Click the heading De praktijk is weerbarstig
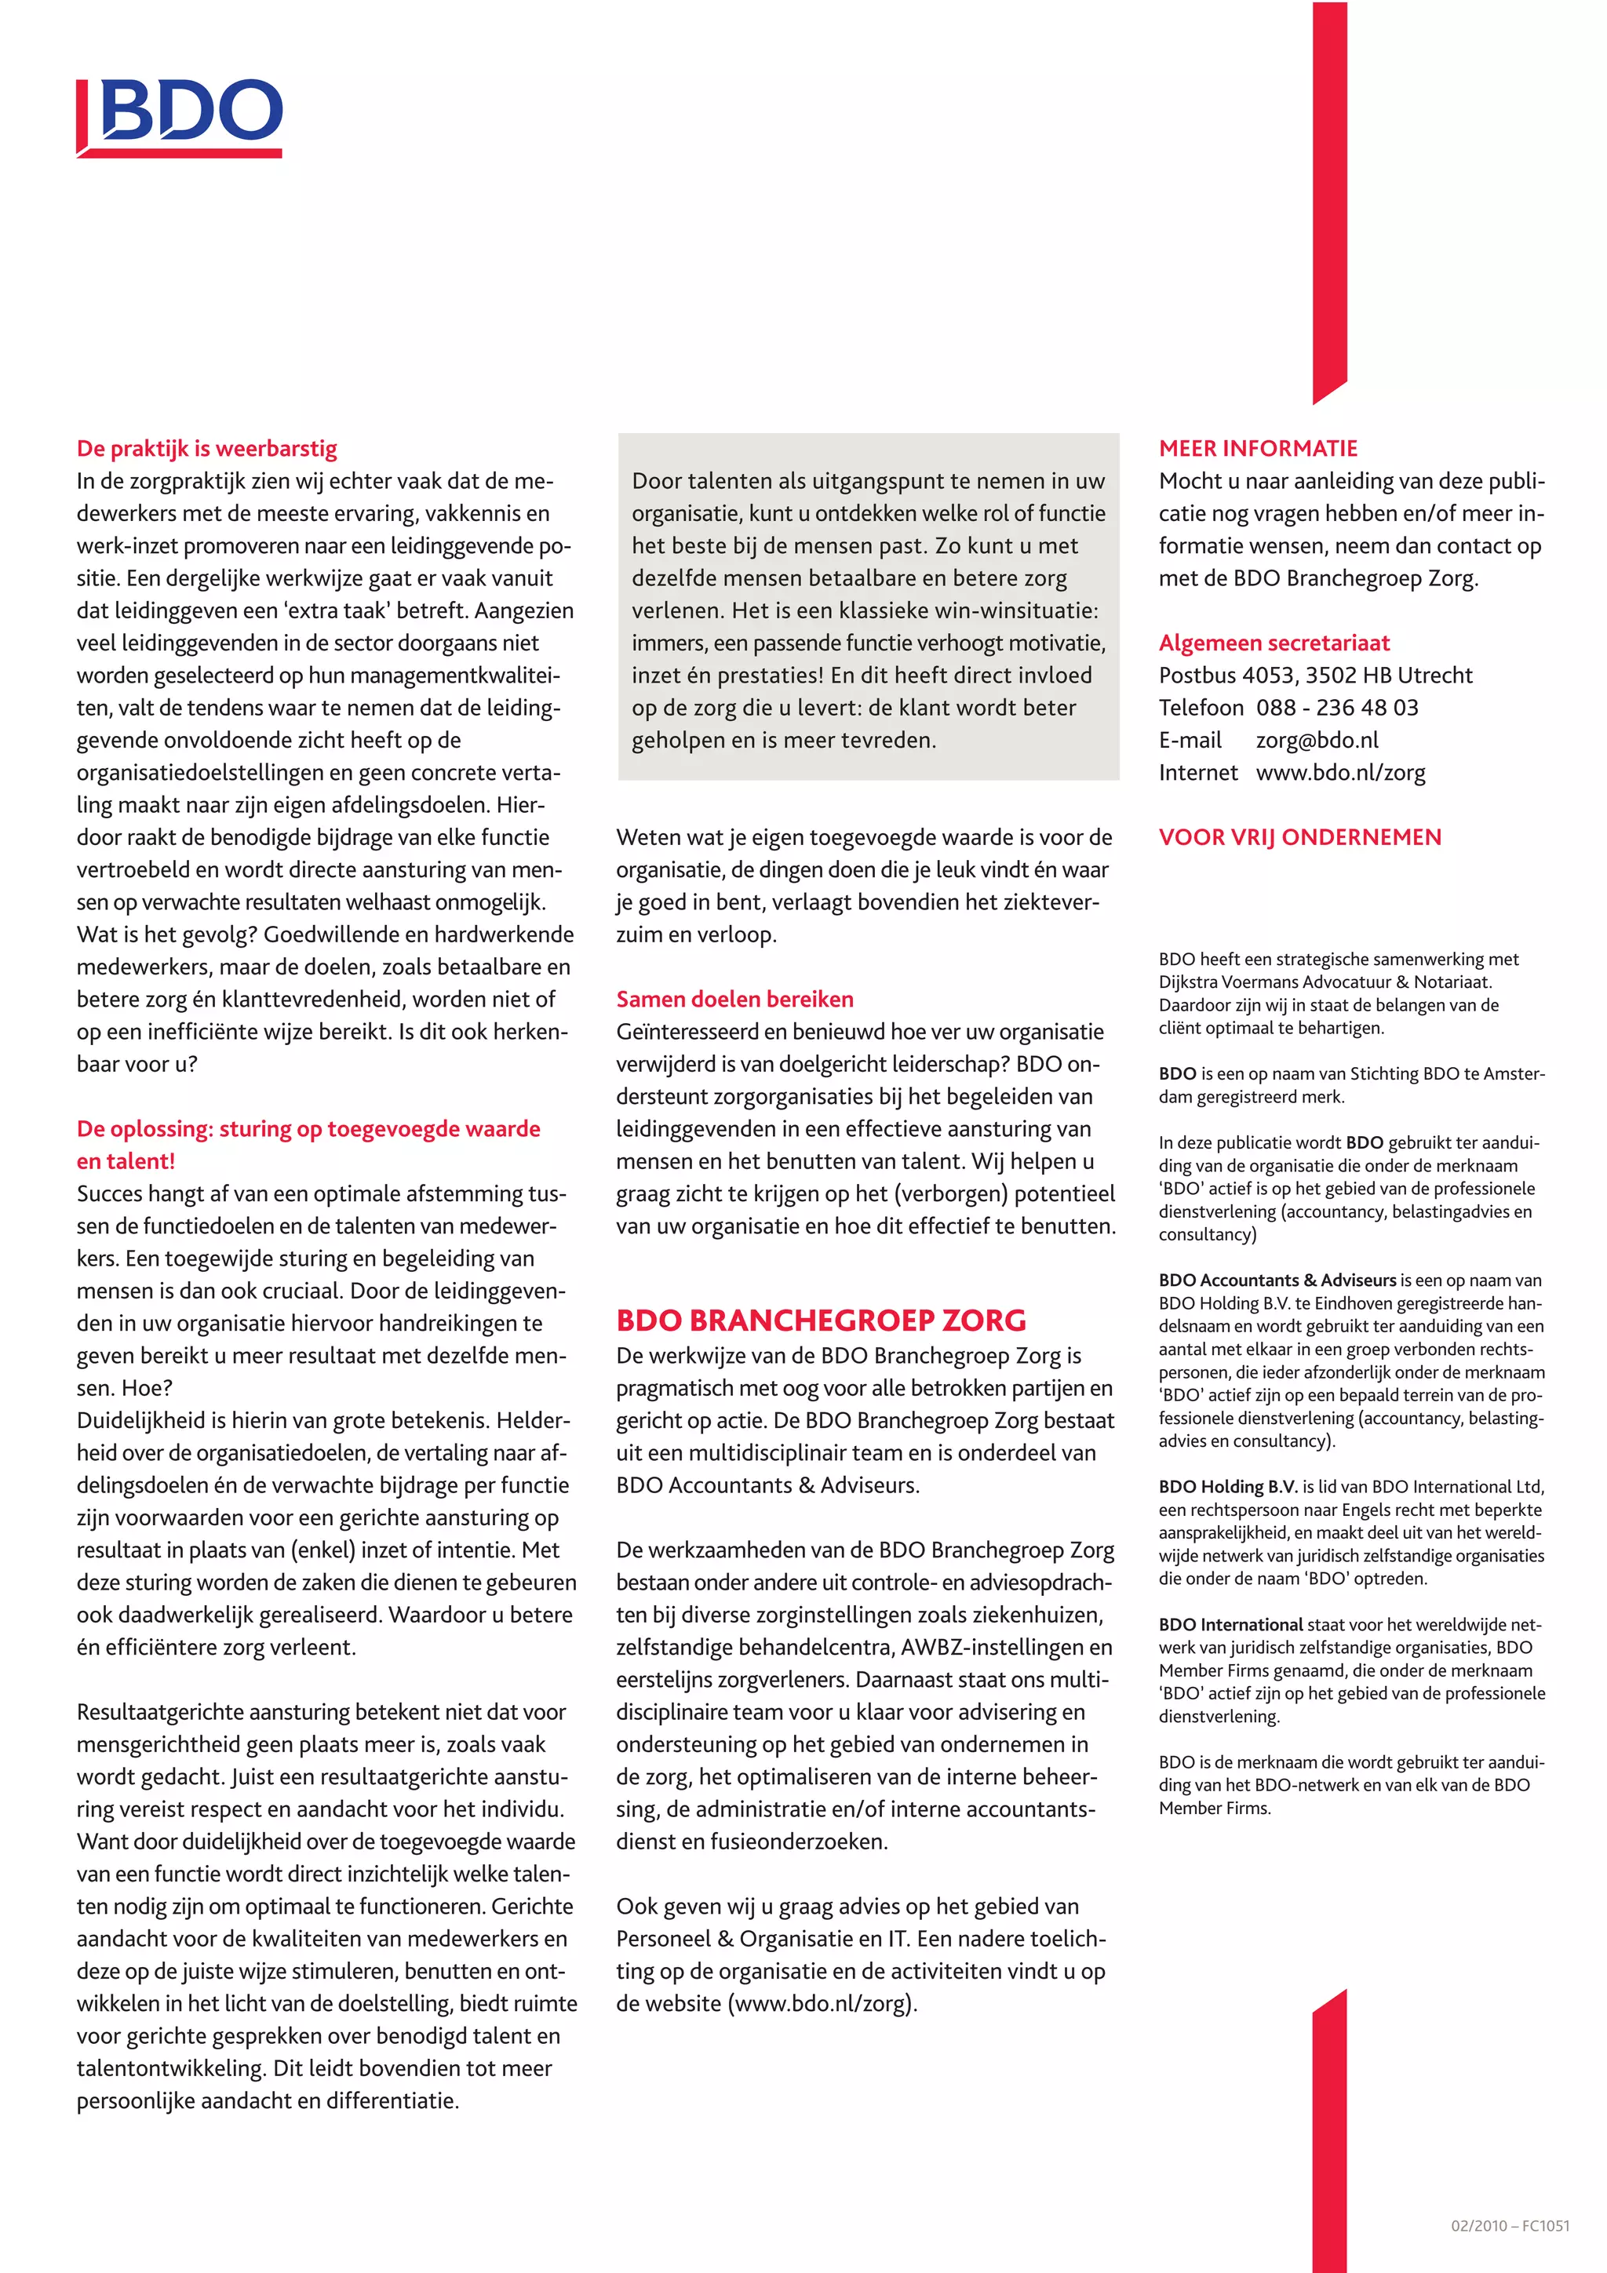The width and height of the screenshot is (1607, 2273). pos(207,449)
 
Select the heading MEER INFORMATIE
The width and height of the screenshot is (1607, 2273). pos(1258,449)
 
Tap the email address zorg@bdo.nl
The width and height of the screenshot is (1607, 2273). pos(1317,741)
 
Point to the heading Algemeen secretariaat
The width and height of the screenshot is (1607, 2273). pos(1274,643)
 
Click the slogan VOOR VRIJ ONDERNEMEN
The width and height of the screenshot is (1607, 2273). pos(1299,837)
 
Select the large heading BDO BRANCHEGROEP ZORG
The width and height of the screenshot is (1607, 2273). pos(820,1320)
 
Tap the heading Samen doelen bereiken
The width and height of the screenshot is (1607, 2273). pos(734,1000)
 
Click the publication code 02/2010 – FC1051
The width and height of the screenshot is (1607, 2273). pos(1509,2225)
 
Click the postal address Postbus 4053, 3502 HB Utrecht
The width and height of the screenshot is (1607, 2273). pos(1315,676)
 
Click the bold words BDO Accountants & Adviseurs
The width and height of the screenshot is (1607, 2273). pos(1277,1280)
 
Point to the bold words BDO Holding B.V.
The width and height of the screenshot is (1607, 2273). pos(1228,1487)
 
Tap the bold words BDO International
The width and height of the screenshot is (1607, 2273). pos(1230,1625)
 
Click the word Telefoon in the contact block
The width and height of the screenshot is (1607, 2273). pos(1200,708)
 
